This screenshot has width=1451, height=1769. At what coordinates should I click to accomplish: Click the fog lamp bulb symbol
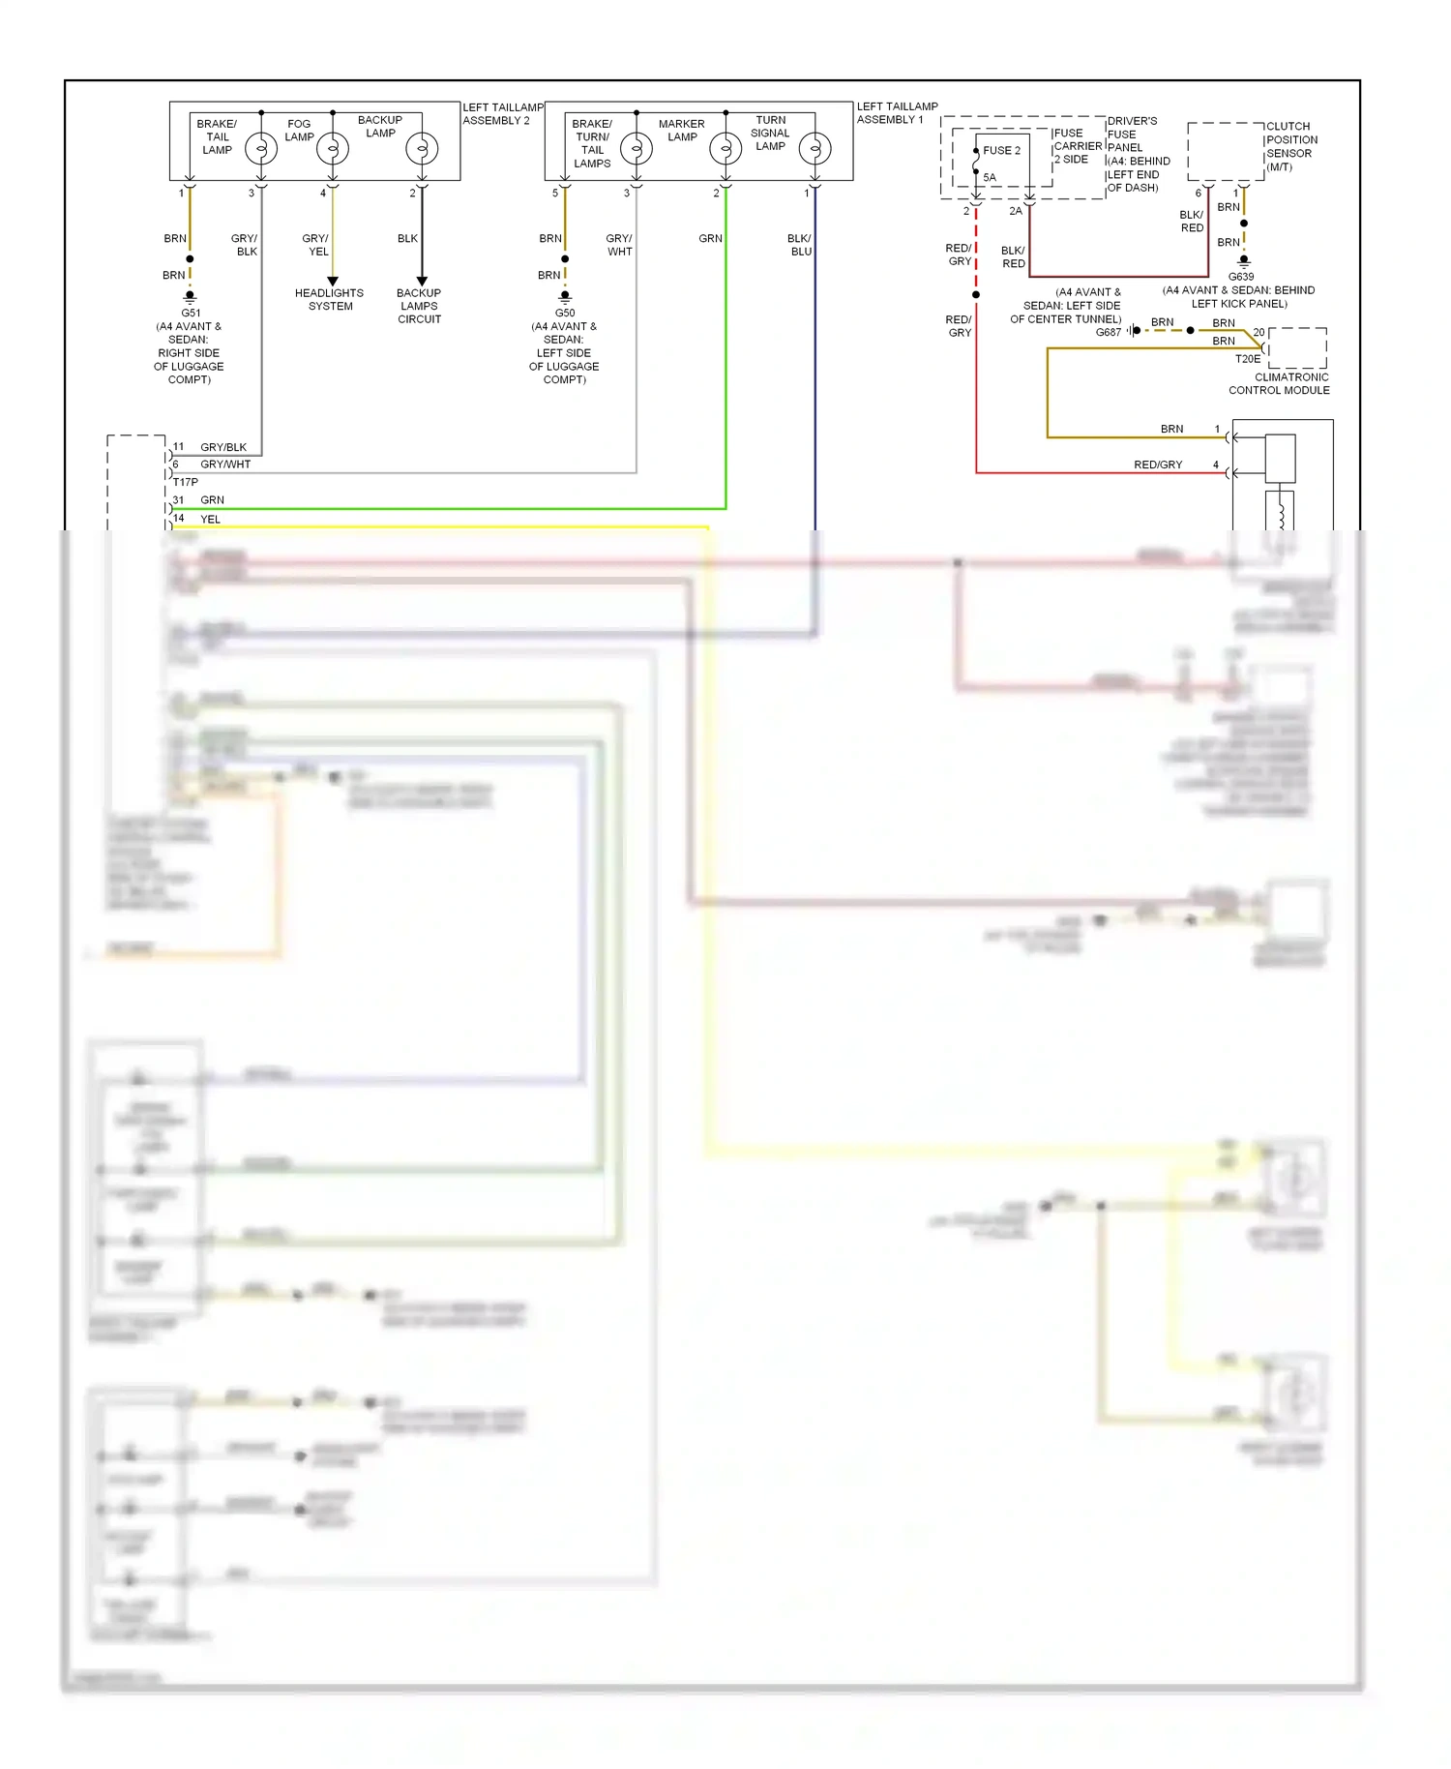(x=333, y=148)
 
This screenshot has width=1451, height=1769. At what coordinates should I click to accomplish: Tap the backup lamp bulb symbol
(x=422, y=148)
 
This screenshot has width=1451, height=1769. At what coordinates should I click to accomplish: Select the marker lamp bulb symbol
(x=725, y=148)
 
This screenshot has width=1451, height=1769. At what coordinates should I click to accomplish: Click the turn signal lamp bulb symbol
(x=815, y=148)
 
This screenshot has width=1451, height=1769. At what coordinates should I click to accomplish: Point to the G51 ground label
(x=191, y=313)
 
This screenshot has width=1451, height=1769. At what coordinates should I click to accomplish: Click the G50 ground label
(x=565, y=313)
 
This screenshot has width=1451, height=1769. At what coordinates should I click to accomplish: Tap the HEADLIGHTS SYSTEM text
(x=330, y=299)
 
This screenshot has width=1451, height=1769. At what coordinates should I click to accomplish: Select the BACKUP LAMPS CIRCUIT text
(x=419, y=306)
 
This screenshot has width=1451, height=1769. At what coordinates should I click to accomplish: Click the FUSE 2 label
(x=1001, y=150)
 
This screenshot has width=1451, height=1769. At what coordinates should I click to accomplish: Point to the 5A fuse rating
(x=990, y=177)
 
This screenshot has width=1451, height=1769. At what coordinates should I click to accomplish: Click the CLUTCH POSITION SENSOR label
(x=1291, y=146)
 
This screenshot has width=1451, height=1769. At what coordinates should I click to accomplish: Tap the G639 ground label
(x=1241, y=277)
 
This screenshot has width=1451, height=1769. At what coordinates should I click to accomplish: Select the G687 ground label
(x=1109, y=332)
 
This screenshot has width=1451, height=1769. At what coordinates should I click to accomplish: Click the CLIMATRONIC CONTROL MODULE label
(x=1280, y=384)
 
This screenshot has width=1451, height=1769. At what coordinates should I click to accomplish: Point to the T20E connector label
(x=1248, y=359)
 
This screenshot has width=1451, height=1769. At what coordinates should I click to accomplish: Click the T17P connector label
(x=186, y=482)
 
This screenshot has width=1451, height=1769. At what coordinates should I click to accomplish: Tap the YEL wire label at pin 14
(x=210, y=519)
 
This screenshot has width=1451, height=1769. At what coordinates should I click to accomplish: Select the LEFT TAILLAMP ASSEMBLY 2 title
(x=502, y=114)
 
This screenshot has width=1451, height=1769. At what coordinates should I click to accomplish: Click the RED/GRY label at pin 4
(x=1158, y=465)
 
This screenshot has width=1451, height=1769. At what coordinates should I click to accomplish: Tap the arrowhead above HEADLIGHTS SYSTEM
(x=333, y=282)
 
